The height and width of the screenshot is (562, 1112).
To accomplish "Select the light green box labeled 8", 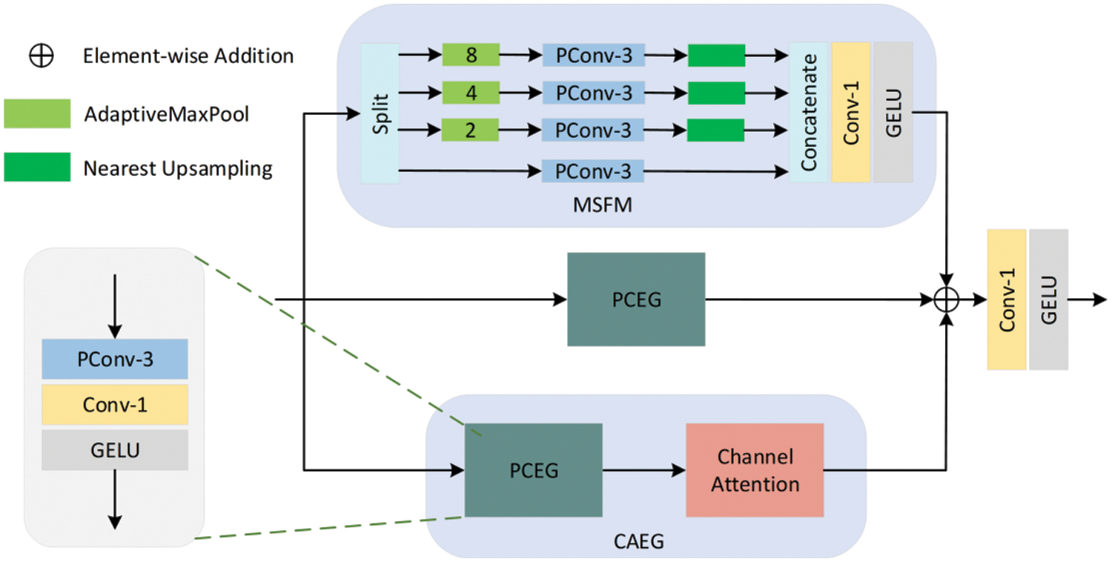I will click(x=471, y=55).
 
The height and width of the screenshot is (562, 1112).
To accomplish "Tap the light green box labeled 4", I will click(x=471, y=93).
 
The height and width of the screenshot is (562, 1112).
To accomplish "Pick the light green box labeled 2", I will click(x=471, y=130).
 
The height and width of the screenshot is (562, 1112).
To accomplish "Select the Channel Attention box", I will click(x=755, y=470).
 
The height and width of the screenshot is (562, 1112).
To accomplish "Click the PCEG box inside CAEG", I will click(x=534, y=470).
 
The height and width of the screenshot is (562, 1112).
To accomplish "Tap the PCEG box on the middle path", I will click(x=636, y=300).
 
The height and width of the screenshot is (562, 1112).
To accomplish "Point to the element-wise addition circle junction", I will click(x=947, y=300).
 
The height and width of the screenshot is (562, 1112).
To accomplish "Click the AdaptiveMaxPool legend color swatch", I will click(x=37, y=113).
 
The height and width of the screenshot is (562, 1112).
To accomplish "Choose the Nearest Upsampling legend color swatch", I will click(x=37, y=167).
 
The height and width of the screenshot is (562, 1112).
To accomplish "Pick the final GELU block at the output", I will click(x=1048, y=300).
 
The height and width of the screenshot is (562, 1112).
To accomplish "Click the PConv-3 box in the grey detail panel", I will click(x=115, y=360).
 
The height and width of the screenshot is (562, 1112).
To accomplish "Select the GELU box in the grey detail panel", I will click(x=115, y=450).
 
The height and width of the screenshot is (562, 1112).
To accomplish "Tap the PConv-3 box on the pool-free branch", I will click(x=593, y=171).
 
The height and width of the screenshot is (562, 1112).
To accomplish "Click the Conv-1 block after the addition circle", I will click(x=1006, y=300).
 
